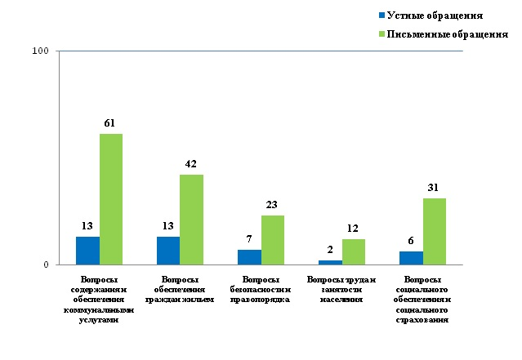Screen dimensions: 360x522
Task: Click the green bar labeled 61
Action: [111, 199]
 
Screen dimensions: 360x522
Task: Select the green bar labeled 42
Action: [191, 220]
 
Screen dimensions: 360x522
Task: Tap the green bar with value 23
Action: [272, 240]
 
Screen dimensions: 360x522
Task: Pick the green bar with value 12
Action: [353, 251]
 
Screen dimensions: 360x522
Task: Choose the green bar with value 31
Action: [434, 231]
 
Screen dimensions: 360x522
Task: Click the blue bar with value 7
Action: [249, 257]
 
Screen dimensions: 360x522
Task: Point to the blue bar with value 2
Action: [330, 262]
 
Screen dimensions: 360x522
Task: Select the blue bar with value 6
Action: [411, 258]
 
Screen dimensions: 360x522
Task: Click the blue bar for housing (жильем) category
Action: [168, 251]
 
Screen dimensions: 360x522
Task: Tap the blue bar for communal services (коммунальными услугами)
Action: [87, 251]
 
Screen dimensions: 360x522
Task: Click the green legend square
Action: [381, 34]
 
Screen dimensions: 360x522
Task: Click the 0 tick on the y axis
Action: [46, 264]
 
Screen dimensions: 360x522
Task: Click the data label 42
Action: [191, 164]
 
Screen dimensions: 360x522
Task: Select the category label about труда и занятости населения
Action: [341, 289]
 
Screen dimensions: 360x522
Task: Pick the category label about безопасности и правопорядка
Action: [261, 289]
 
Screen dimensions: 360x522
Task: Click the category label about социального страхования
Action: [422, 300]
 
